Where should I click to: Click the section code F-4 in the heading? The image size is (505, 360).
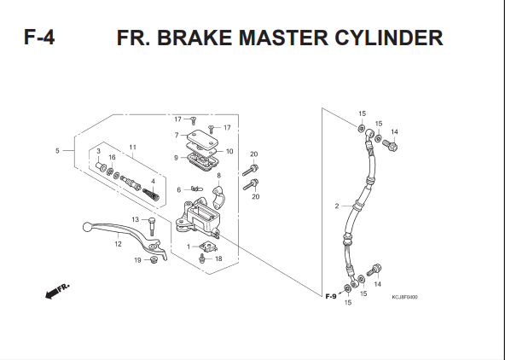point(39,37)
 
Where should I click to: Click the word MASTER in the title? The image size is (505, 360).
point(283,38)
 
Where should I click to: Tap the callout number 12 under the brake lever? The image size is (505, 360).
point(118,244)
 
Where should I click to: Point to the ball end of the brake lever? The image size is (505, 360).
point(87,227)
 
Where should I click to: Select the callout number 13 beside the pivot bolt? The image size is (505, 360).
point(136,219)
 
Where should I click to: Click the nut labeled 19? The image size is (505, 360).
point(154,259)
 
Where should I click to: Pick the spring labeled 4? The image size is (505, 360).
point(151,195)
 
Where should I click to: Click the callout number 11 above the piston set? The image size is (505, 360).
point(133,148)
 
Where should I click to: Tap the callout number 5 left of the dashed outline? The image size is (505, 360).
point(57,151)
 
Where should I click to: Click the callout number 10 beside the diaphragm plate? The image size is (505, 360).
point(229,151)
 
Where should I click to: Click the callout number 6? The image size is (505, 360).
point(179,190)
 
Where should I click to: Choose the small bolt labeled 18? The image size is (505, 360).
point(202,258)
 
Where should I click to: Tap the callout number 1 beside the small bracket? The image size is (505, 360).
point(189,247)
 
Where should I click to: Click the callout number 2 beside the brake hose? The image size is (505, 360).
point(337,206)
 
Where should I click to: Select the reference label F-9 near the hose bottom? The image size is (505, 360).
point(331,296)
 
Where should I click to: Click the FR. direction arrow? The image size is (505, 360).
point(57,291)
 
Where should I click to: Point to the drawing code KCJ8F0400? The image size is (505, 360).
point(404,297)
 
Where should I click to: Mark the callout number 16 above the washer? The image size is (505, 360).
point(112,157)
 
